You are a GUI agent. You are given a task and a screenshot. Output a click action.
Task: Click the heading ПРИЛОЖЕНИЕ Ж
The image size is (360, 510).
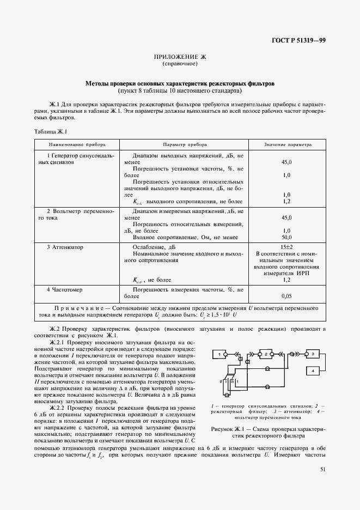coord(180,57)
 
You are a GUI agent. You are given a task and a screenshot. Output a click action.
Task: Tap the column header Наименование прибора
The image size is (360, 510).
coord(77,145)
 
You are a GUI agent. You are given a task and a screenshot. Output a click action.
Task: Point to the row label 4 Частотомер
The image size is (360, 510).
coord(64,289)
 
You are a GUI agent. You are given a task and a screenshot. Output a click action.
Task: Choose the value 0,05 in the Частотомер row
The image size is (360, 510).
coord(286,296)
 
